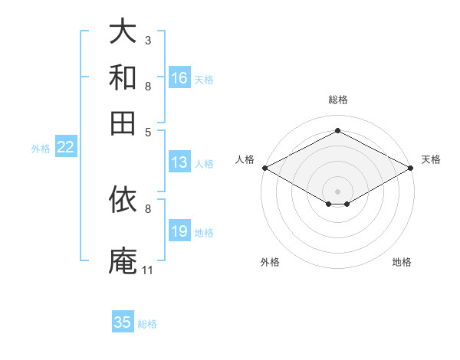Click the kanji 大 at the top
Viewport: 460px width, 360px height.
123,31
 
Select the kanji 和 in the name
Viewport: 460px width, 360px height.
123,77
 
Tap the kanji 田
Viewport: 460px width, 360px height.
123,123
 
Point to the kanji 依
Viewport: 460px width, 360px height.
123,199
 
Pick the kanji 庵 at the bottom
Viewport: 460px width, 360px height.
123,260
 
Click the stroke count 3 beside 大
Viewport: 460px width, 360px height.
148,41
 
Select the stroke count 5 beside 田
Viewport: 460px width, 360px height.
148,133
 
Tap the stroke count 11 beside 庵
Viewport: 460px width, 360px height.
147,270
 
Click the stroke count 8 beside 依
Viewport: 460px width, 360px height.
148,209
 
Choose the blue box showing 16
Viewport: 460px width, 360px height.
179,77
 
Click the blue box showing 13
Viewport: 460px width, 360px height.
179,162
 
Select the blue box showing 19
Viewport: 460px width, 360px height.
179,230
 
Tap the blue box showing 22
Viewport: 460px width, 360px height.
66,146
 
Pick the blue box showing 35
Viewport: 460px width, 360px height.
123,321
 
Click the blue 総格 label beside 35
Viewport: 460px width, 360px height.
147,324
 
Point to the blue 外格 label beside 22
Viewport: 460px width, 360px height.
41,149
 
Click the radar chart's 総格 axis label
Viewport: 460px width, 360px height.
338,100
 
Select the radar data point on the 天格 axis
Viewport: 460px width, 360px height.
411,168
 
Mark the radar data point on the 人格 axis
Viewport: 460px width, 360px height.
265,168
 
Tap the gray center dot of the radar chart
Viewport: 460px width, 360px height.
337,191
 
